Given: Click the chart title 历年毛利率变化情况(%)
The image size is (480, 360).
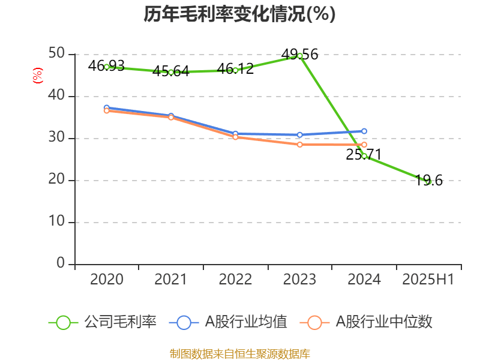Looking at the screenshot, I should (x=239, y=14).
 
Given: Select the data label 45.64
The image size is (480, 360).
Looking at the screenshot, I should (x=170, y=71).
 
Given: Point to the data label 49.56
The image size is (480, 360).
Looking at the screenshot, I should (x=299, y=55).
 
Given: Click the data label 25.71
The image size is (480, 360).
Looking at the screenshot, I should (x=364, y=155).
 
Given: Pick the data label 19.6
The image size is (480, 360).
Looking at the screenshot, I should (x=429, y=180).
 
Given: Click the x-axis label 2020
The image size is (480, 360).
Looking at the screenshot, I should (x=106, y=279).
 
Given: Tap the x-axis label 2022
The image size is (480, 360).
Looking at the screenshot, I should (x=235, y=279).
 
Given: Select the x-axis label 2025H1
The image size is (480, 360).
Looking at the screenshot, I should (x=428, y=279).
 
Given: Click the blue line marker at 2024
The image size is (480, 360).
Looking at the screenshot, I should (x=364, y=131).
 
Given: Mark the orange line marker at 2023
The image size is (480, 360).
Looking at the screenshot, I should (x=299, y=145).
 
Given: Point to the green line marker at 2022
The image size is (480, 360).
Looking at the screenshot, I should (x=235, y=70).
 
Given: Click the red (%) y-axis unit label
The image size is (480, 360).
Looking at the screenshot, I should (x=38, y=76).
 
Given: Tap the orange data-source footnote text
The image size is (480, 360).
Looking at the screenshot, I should (x=239, y=353).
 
